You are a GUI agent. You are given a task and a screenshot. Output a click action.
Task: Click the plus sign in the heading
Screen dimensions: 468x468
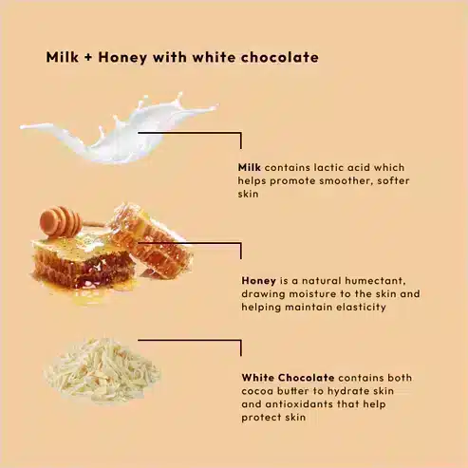[x=88, y=58]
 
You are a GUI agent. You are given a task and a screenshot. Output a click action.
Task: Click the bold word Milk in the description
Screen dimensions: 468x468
[x=250, y=167]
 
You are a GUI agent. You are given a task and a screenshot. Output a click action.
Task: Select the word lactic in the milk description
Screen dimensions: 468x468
[x=329, y=167]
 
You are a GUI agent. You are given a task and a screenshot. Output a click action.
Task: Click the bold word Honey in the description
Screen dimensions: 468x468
[x=258, y=281]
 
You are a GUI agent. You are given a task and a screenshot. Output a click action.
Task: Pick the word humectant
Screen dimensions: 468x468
[x=375, y=281]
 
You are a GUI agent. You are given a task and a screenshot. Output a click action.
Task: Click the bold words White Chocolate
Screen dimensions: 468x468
[x=288, y=378]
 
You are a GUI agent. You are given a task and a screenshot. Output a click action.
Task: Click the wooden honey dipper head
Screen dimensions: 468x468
[x=60, y=221]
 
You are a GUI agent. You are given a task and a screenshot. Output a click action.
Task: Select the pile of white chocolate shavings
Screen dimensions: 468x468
[x=103, y=370]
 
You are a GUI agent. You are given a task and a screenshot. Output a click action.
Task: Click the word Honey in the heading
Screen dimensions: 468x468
[x=122, y=58]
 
